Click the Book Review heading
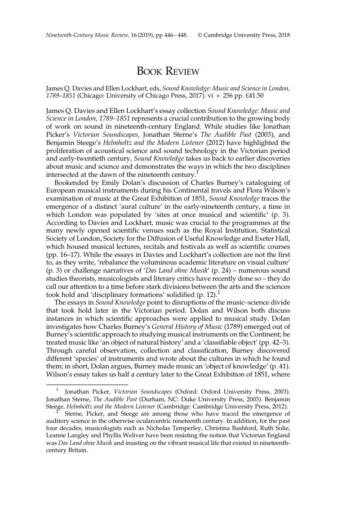click(168, 71)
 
